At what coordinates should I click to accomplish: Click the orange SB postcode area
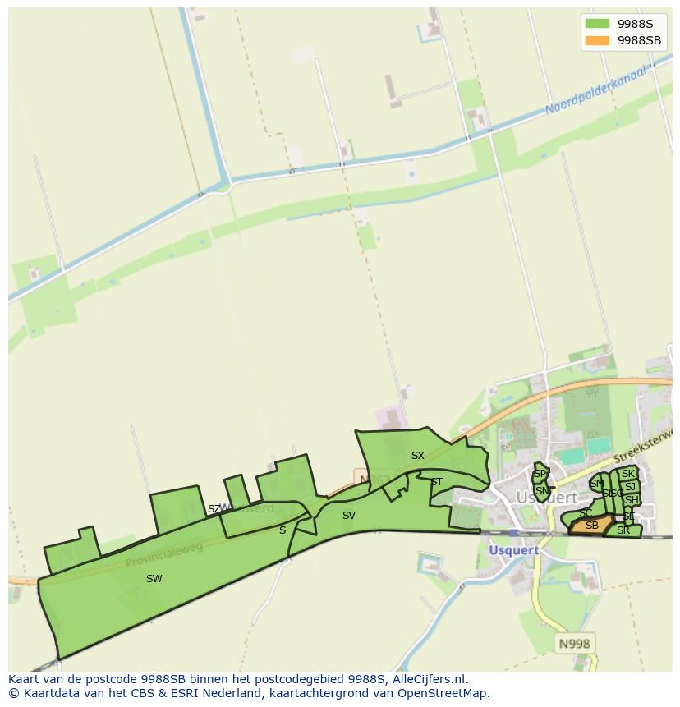click(x=591, y=526)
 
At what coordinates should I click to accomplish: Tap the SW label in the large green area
click(x=154, y=579)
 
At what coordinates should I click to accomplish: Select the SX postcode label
click(x=418, y=456)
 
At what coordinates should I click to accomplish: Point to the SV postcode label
click(x=349, y=516)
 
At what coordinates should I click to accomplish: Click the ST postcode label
click(x=436, y=482)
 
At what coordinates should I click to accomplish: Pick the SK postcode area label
click(x=628, y=474)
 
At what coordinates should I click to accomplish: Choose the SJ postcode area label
click(x=630, y=487)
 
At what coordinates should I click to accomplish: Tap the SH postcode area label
click(x=631, y=500)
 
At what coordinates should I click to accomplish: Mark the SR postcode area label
click(x=623, y=530)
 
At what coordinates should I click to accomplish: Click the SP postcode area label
click(x=540, y=474)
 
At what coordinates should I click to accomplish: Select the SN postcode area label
click(x=541, y=491)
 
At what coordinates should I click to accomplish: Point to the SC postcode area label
click(x=585, y=513)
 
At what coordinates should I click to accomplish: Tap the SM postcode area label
click(x=596, y=484)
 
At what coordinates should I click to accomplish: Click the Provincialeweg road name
click(x=164, y=555)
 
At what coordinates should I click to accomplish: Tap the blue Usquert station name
click(x=514, y=550)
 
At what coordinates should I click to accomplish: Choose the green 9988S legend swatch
click(x=597, y=24)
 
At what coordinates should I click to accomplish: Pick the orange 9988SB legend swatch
click(x=597, y=39)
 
